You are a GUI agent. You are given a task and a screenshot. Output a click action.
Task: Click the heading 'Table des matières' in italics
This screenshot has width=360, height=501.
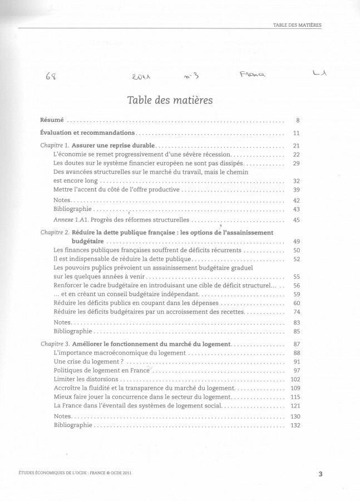coord(170,100)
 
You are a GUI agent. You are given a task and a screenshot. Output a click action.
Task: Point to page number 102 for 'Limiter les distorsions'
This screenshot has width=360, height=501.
coord(295,379)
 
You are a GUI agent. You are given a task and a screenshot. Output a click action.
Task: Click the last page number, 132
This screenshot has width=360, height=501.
coord(295,426)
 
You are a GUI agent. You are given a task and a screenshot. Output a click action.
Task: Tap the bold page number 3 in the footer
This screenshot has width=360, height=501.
coord(320,474)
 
